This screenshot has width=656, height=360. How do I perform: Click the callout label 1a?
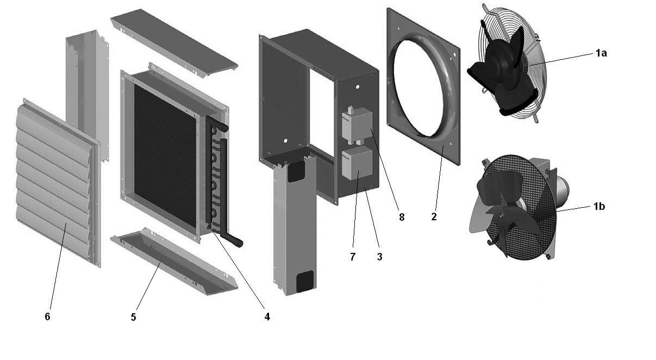601,53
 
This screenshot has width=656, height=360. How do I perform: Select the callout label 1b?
599,207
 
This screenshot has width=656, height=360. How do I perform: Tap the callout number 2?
434,217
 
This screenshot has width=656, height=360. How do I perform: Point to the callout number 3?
379,257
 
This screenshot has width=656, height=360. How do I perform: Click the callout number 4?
267,316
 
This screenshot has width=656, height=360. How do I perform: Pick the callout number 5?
134,317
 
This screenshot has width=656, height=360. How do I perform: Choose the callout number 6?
47,316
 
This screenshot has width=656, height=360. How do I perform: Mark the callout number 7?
353,257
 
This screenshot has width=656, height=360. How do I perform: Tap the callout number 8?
402,217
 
